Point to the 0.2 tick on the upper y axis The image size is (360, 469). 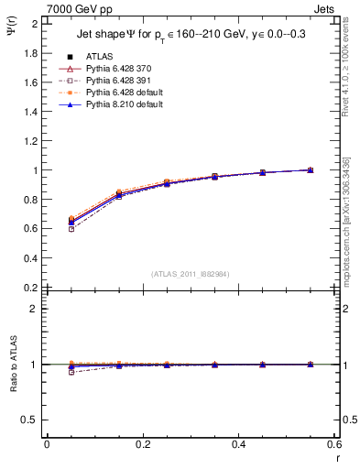point(30,287)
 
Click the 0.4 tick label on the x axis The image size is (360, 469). point(239,444)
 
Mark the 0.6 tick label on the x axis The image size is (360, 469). point(335,444)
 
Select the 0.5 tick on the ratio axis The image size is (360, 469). point(30,420)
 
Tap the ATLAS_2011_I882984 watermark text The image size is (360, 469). point(190,274)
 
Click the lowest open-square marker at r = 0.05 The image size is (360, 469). point(71,229)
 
